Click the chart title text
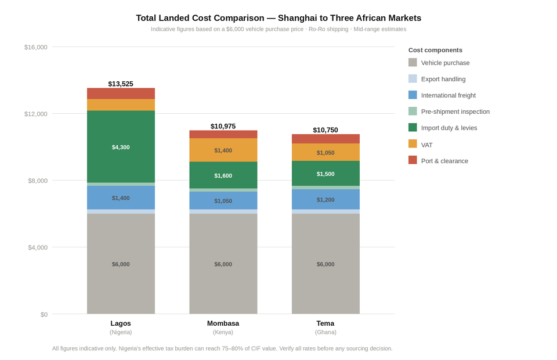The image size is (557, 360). click(x=278, y=18)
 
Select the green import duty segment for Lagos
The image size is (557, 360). click(x=121, y=147)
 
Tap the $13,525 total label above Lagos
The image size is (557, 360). click(x=121, y=84)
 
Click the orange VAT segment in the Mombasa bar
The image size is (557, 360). click(x=223, y=150)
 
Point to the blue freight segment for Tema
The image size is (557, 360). click(x=325, y=199)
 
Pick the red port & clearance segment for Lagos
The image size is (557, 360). click(x=121, y=93)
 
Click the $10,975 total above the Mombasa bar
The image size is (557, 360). click(x=223, y=126)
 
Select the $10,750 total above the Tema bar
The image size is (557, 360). click(x=325, y=130)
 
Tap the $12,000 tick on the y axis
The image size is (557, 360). click(x=35, y=114)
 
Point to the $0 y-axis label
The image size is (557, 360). click(x=44, y=314)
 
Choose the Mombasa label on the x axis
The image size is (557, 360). click(x=223, y=323)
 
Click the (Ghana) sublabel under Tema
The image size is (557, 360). click(x=325, y=332)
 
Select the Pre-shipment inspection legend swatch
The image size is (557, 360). click(x=413, y=111)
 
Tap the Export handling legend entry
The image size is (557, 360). click(x=443, y=79)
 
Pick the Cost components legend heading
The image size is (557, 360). click(x=435, y=50)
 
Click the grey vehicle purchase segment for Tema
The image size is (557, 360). click(x=325, y=264)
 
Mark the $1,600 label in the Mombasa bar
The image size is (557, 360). click(x=223, y=175)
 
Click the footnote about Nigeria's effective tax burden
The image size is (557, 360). click(x=222, y=348)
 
